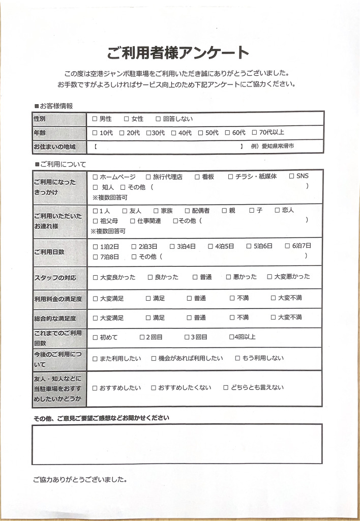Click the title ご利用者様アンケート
click(x=178, y=52)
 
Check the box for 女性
click(x=127, y=119)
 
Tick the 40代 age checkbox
click(x=174, y=133)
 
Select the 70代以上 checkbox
click(x=255, y=133)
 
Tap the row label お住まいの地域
click(x=54, y=147)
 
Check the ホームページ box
click(x=95, y=177)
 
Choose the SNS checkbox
click(x=291, y=176)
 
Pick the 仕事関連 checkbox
click(x=133, y=221)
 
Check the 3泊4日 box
click(x=172, y=246)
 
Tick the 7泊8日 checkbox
click(x=95, y=257)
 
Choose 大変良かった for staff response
click(x=95, y=277)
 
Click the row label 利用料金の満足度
click(x=58, y=298)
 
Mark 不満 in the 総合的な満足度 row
click(x=232, y=317)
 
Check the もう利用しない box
click(x=237, y=358)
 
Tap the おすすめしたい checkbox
click(x=95, y=388)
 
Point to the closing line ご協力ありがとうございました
click(x=79, y=480)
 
